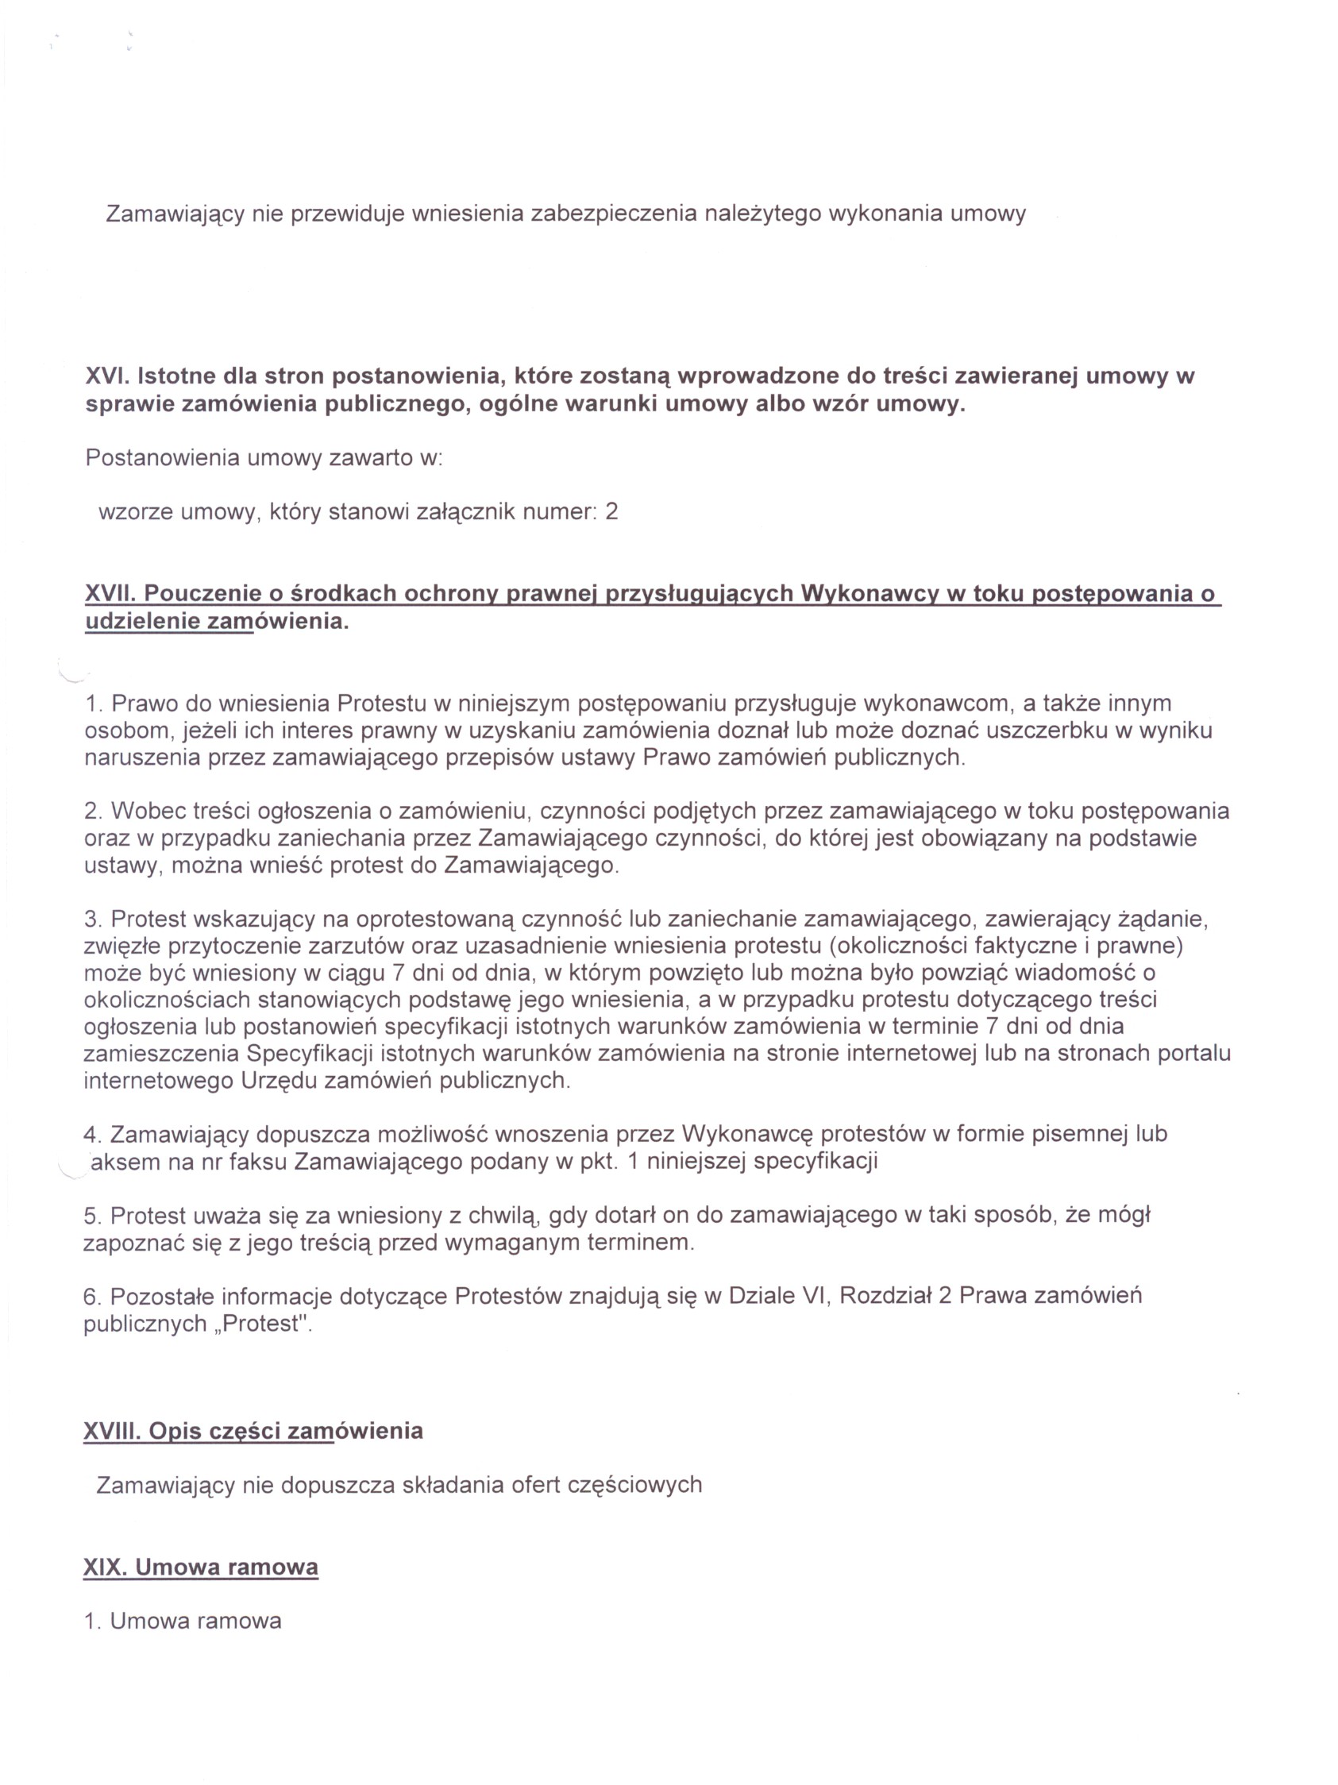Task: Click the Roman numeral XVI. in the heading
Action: [108, 376]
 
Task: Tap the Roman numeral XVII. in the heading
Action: [111, 594]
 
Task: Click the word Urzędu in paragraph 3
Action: [279, 1081]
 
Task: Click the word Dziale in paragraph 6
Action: [759, 1297]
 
